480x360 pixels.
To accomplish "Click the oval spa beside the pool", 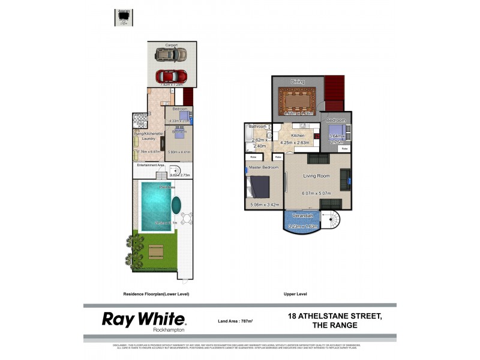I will click(176, 206).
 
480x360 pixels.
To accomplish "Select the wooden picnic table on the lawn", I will click(156, 252).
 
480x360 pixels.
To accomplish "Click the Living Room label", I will click(316, 176).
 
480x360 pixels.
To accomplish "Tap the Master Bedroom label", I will click(264, 167).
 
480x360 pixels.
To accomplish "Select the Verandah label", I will click(302, 215).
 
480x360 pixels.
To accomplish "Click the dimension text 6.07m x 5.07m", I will click(316, 193).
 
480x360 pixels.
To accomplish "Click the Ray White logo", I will click(143, 320).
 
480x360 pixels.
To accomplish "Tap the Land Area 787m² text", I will click(235, 322).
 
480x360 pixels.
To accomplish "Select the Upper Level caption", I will click(295, 294).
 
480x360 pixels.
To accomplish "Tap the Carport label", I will click(172, 45).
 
